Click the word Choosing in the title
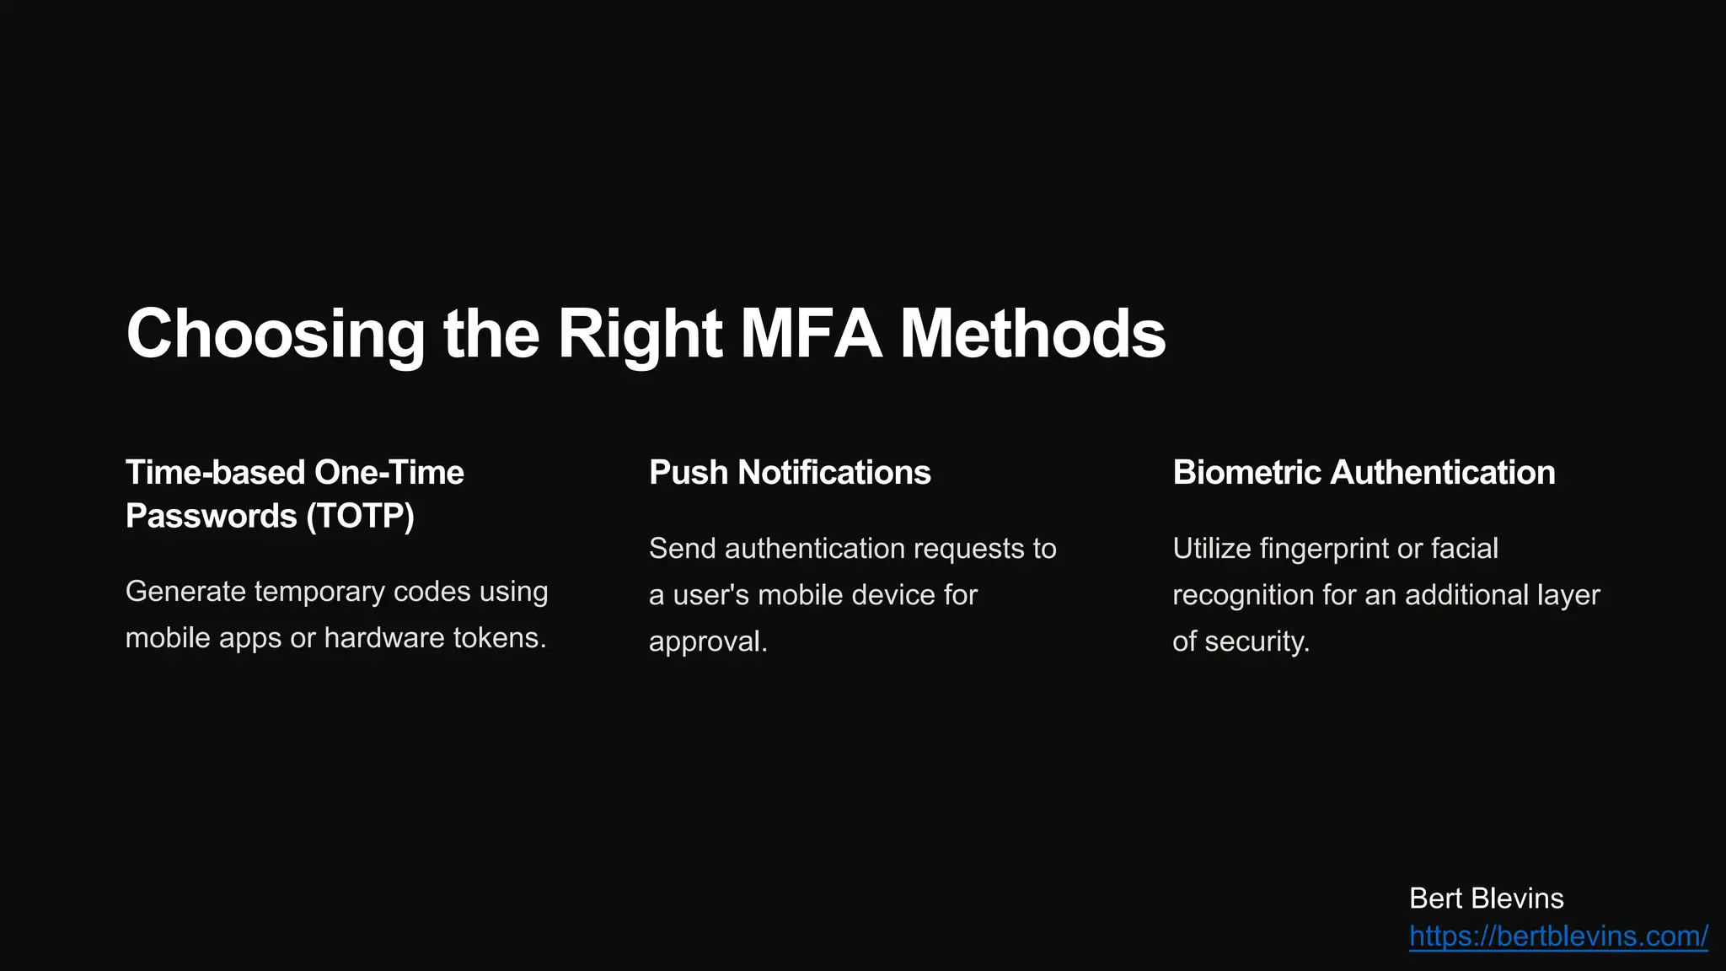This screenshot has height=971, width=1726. click(x=276, y=335)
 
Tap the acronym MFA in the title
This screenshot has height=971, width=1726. click(x=811, y=335)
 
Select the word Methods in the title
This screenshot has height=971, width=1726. click(x=1032, y=335)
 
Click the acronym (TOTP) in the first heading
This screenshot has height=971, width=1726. click(x=360, y=516)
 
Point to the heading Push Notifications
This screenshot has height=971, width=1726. click(x=790, y=473)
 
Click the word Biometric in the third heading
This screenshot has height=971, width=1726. click(x=1246, y=473)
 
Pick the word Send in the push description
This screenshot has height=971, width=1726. click(x=682, y=549)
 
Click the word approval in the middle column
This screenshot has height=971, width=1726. click(x=707, y=641)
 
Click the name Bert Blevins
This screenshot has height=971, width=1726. click(x=1486, y=899)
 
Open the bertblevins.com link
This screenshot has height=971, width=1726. click(x=1558, y=936)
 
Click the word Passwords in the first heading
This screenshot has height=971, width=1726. click(x=211, y=516)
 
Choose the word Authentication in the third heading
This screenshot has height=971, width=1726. click(x=1442, y=473)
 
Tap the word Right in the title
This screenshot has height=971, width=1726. click(x=640, y=335)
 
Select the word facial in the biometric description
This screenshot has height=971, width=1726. click(x=1464, y=549)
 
